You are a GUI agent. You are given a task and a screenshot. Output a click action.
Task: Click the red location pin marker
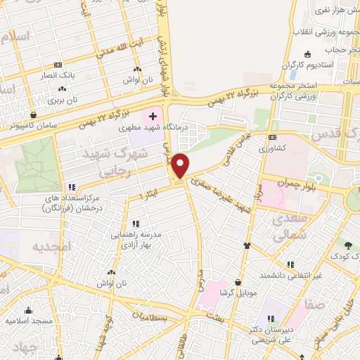181,166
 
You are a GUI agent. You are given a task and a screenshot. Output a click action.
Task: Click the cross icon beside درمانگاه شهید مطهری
153,115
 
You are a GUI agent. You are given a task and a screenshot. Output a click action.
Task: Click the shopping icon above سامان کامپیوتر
32,115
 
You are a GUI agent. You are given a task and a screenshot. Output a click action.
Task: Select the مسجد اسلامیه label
30,321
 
